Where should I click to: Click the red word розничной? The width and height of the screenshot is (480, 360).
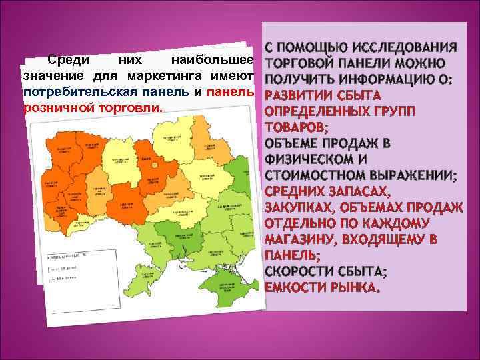(x=52, y=107)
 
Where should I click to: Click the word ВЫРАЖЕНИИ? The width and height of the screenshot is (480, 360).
(x=413, y=175)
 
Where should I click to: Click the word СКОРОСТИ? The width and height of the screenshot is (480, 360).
(x=299, y=271)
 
